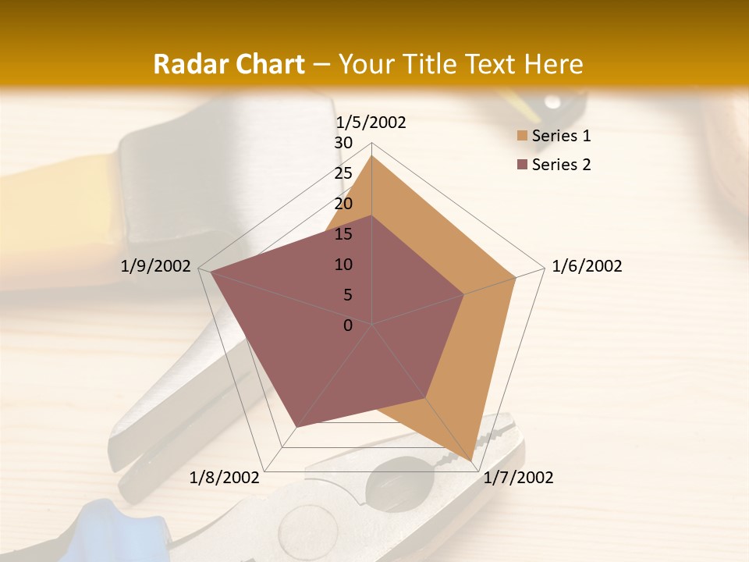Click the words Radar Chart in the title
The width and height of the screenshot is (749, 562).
229,64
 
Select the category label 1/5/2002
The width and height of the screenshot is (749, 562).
371,122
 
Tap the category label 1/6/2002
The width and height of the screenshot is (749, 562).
587,266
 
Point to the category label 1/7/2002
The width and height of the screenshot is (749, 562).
518,478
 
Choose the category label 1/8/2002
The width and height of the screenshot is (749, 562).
225,478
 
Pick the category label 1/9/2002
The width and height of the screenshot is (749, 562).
156,266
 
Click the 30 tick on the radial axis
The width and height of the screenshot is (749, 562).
343,143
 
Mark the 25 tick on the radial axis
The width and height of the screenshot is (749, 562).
343,173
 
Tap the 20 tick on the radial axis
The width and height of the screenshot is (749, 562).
343,204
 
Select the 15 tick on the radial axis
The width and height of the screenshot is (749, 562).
343,234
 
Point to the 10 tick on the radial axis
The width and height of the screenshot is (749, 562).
343,265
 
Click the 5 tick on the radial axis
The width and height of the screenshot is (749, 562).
347,295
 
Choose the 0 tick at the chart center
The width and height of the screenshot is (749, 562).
348,325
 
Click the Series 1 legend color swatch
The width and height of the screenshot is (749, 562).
522,136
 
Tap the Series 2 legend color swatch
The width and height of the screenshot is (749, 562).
522,165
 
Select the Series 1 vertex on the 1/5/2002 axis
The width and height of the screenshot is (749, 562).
372,155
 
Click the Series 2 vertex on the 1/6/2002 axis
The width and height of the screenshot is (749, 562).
464,294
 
